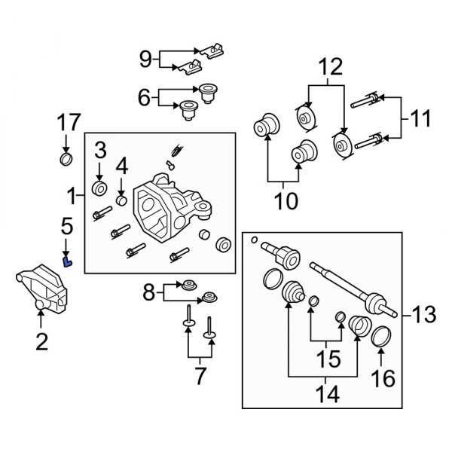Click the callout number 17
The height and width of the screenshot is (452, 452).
click(x=69, y=122)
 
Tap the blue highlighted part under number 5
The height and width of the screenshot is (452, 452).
click(x=67, y=261)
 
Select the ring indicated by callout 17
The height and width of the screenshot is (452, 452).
click(x=66, y=160)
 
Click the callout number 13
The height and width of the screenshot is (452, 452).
click(x=423, y=314)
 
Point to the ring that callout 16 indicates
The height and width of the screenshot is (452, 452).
click(x=381, y=336)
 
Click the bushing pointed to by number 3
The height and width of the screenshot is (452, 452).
click(x=99, y=189)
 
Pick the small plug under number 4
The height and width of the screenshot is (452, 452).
click(x=121, y=200)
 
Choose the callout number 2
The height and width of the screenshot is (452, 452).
click(x=41, y=341)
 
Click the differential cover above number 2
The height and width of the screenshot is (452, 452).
click(x=43, y=289)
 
